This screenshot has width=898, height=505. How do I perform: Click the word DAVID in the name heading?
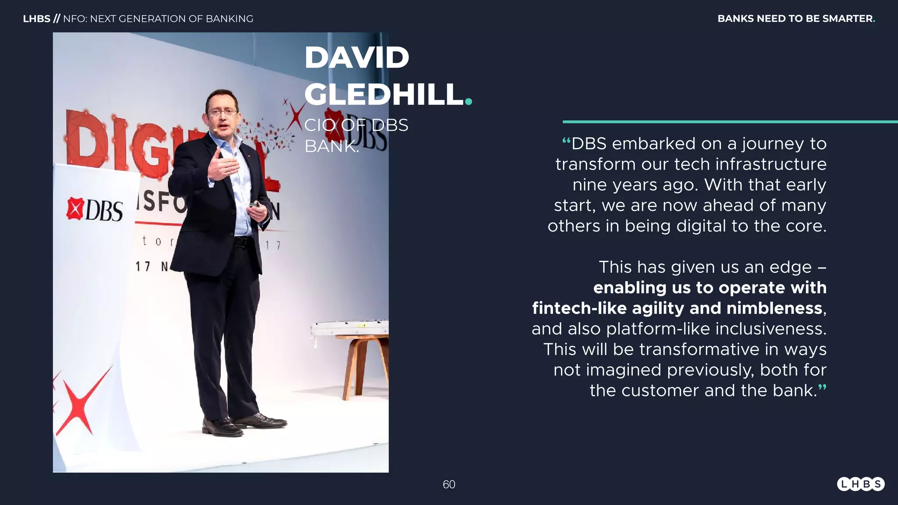356,57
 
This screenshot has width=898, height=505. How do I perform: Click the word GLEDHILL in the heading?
384,94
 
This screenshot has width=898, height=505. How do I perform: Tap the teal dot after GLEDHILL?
468,101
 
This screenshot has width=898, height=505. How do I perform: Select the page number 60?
449,484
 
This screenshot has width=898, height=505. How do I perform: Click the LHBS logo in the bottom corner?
860,484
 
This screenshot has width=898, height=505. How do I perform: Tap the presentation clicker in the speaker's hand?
255,205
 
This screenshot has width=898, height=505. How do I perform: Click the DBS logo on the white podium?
95,210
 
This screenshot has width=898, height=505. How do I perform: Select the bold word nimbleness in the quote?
774,308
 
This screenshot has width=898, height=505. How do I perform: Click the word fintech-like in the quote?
579,308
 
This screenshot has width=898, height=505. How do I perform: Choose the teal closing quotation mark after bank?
822,388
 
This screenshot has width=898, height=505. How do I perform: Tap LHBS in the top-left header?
36,19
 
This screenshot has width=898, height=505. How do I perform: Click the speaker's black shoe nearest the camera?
222,427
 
